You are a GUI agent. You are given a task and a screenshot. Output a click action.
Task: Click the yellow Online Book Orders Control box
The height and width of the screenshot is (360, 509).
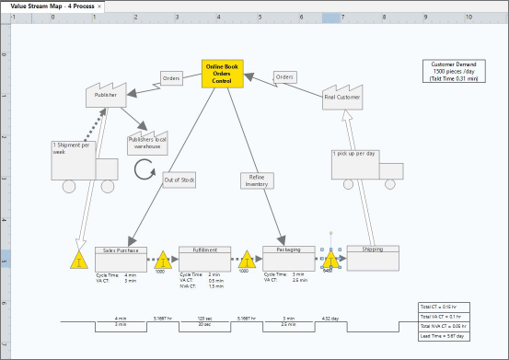coord(222,75)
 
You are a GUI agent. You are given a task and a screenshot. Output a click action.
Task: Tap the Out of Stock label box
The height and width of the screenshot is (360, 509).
coord(179,180)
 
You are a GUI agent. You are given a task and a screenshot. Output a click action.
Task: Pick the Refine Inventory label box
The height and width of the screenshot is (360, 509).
coord(256,180)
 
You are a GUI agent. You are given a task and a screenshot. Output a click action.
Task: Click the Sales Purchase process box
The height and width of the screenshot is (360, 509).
coord(121,259)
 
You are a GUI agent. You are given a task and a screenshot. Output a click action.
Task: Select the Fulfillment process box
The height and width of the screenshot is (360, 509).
coord(204,259)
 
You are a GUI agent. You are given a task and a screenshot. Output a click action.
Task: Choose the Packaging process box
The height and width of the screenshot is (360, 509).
coord(288,259)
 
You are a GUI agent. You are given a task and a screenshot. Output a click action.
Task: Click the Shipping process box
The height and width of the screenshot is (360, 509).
coord(373,259)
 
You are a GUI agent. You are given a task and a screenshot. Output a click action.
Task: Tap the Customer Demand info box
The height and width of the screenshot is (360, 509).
coord(453,72)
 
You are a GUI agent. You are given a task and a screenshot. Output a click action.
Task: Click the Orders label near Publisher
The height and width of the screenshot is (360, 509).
coord(171,78)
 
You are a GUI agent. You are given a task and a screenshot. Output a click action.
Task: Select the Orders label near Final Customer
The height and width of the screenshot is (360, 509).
coord(285,76)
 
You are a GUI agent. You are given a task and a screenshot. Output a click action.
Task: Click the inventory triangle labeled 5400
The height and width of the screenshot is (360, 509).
coord(330,261)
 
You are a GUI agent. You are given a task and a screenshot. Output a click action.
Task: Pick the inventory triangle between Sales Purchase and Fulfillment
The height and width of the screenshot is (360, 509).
coord(162,261)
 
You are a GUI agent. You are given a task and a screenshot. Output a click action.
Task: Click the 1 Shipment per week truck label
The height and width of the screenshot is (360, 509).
coord(71,147)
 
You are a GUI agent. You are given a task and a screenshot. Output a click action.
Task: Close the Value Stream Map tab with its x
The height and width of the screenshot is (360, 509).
coord(99,6)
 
